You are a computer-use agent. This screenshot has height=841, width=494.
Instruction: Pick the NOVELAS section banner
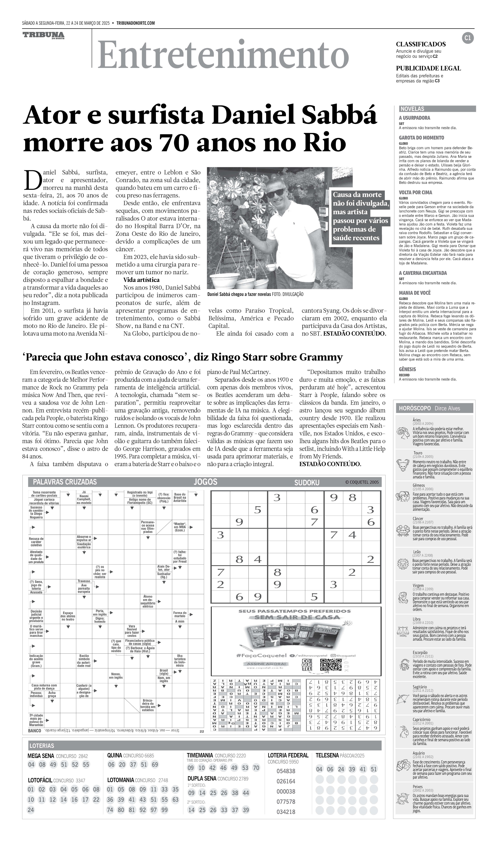pos(437,109)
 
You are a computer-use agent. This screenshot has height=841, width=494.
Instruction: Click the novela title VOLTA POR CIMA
pos(415,192)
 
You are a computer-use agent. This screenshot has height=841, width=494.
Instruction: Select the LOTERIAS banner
pos(42,746)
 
